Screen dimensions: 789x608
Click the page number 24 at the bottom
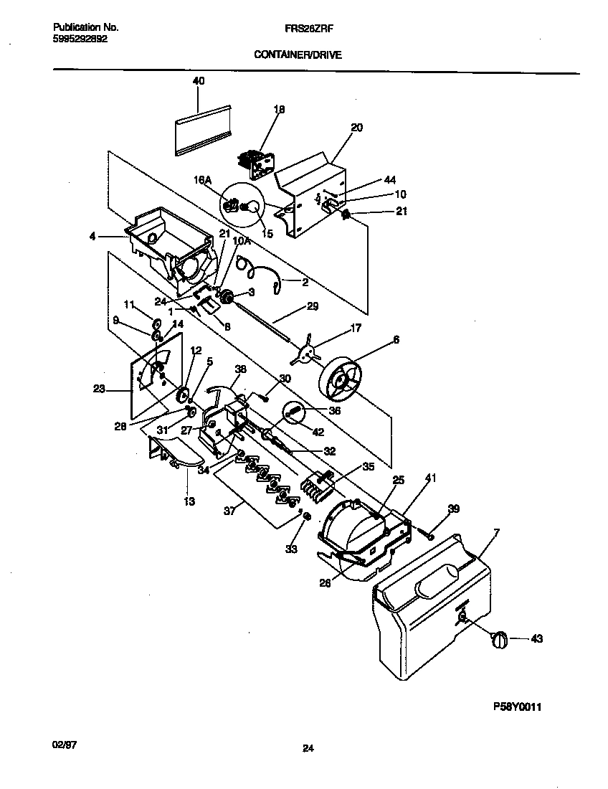point(308,749)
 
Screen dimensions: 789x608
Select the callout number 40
point(199,82)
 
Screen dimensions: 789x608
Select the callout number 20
point(356,128)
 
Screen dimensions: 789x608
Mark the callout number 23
point(100,390)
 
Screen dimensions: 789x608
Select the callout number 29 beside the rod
point(312,306)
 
